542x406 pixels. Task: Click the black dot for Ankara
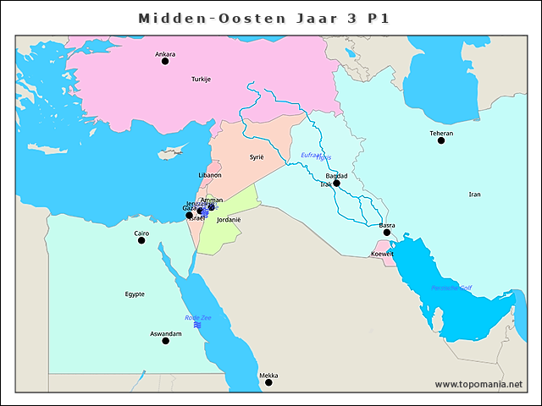[165, 61]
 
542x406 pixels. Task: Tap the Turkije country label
[201, 79]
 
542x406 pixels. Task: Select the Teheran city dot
[441, 140]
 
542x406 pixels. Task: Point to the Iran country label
[474, 195]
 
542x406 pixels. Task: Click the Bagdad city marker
[336, 183]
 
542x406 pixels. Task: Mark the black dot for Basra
[387, 233]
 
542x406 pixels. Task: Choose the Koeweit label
[383, 254]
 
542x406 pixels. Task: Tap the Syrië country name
[257, 157]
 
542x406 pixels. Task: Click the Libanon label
[210, 175]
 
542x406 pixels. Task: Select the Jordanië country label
[229, 219]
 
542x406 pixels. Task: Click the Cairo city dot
[141, 240]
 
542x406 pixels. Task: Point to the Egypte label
[135, 294]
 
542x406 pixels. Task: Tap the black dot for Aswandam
[166, 341]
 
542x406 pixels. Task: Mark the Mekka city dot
[268, 382]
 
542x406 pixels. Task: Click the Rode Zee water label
[197, 317]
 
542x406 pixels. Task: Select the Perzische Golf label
[451, 288]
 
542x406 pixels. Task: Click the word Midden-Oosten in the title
[192, 18]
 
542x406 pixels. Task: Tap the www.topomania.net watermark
[478, 384]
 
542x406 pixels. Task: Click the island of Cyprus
[172, 155]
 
